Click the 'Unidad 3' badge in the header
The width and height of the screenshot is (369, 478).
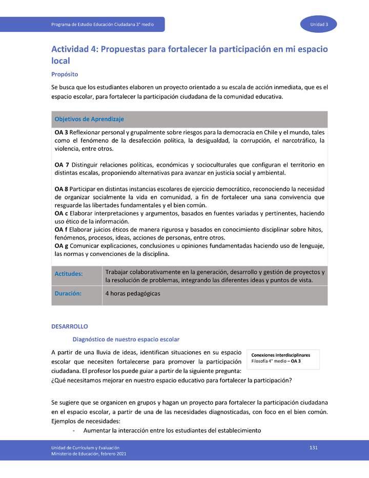pyautogui.click(x=322, y=25)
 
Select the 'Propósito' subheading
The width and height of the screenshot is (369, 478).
pyautogui.click(x=64, y=74)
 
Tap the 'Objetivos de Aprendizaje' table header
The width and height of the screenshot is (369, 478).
pyautogui.click(x=89, y=119)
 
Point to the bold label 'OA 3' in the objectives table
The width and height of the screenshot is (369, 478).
pyautogui.click(x=61, y=132)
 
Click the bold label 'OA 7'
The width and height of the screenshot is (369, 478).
pyautogui.click(x=61, y=165)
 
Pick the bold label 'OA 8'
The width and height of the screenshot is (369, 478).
pyautogui.click(x=61, y=189)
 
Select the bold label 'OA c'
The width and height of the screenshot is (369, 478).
pyautogui.click(x=61, y=213)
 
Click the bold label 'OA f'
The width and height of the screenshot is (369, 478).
pyautogui.click(x=61, y=230)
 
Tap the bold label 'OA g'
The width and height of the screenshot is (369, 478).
pyautogui.click(x=61, y=246)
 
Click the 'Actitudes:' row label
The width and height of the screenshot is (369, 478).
pyautogui.click(x=69, y=274)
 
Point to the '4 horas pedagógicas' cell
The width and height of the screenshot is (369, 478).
pyautogui.click(x=133, y=294)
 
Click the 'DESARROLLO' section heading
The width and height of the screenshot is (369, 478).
pyautogui.click(x=70, y=326)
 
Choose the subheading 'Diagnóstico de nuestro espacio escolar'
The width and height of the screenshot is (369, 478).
pyautogui.click(x=126, y=339)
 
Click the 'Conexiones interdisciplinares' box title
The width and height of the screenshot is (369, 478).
pyautogui.click(x=281, y=355)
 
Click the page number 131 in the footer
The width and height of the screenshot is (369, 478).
pyautogui.click(x=314, y=448)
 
